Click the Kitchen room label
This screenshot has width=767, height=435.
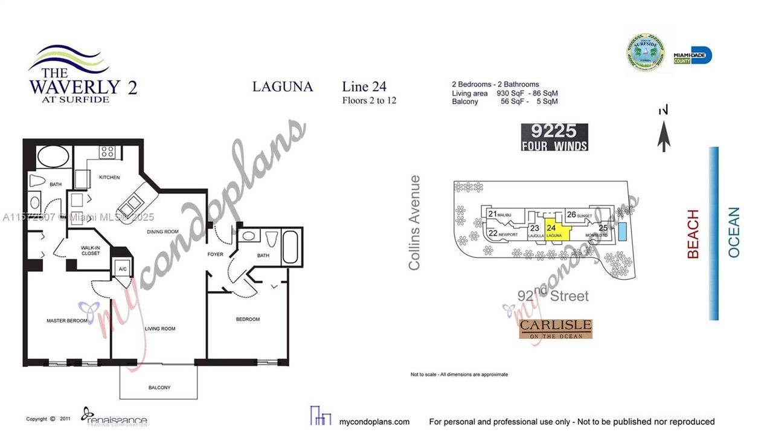click(109, 178)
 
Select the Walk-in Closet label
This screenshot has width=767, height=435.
click(90, 251)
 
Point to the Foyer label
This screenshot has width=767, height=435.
click(216, 254)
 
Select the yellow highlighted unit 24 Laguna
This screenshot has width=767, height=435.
click(555, 231)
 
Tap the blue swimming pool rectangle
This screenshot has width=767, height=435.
click(622, 232)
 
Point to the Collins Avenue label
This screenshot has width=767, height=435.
click(414, 222)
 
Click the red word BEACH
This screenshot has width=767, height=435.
click(693, 234)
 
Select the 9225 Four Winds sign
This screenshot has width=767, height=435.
click(554, 137)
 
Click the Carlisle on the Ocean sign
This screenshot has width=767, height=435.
click(555, 329)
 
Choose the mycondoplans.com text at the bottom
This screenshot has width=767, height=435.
click(374, 422)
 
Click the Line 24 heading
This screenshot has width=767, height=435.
click(364, 86)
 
